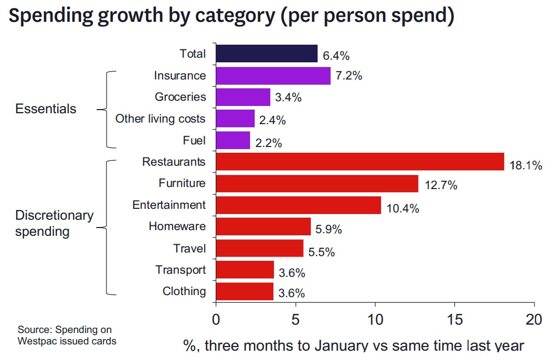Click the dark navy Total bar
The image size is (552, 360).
coord(266,54)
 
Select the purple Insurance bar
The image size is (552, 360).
coord(273,75)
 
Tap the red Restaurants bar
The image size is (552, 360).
coord(360,162)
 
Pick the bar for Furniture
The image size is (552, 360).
coord(317,183)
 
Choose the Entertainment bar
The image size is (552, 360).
coord(298,205)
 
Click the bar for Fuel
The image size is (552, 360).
coord(233,140)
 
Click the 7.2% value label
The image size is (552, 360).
coord(348,76)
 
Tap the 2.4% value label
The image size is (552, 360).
coord(272,121)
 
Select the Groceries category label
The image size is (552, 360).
coord(180,97)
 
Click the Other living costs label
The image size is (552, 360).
coord(160,119)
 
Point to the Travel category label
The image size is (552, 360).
coord(190,248)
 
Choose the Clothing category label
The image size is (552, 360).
coord(184,291)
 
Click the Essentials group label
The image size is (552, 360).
coord(46,109)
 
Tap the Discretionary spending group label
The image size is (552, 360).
coord(54,223)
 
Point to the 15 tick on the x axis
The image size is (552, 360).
coord(454,318)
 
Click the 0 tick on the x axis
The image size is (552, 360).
coord(216,318)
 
